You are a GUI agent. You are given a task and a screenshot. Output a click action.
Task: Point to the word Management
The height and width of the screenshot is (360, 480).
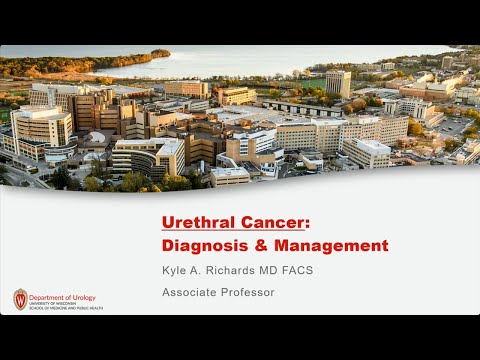click(x=332, y=245)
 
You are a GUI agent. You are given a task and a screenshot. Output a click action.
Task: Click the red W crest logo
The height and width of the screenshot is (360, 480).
click(x=20, y=298)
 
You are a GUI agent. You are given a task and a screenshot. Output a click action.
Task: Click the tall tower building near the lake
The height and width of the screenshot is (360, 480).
click(x=338, y=83)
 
